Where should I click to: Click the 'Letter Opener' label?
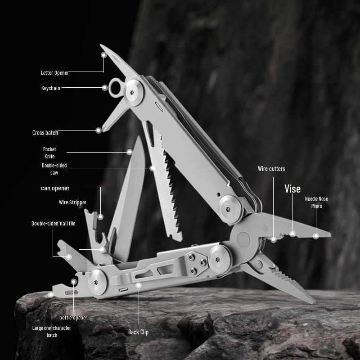click(55, 72)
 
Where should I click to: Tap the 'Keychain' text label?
click(51, 88)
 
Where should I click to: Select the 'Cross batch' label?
click(45, 133)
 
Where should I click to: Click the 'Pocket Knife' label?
click(49, 153)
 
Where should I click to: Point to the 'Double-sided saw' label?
click(54, 169)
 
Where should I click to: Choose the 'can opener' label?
click(55, 188)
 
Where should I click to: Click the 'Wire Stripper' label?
click(72, 202)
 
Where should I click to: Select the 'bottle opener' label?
click(73, 318)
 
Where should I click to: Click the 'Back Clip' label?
click(138, 332)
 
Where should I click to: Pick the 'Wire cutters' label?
click(271, 169)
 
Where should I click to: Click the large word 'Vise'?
click(292, 189)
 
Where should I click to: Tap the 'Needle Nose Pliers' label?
click(317, 202)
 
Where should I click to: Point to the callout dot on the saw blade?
click(153, 168)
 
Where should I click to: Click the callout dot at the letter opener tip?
click(104, 55)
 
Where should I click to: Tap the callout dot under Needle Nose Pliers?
click(316, 236)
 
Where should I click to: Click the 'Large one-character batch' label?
click(52, 331)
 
